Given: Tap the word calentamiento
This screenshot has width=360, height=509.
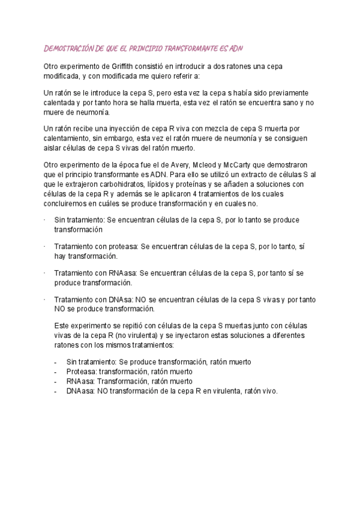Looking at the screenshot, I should click(68, 139).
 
